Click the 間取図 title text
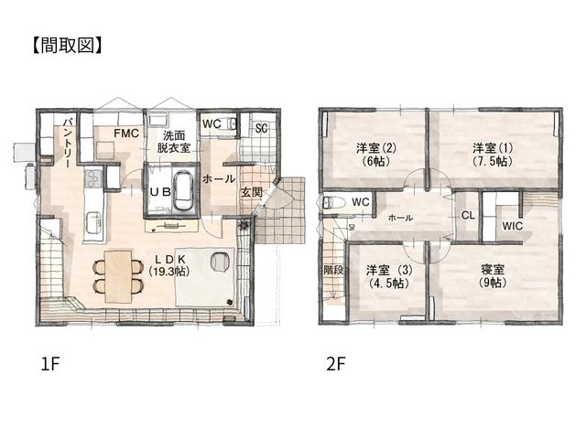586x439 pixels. click(x=67, y=46)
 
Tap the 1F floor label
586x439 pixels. click(x=50, y=364)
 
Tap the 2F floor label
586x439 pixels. click(x=335, y=364)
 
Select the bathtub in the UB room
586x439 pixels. click(x=183, y=190)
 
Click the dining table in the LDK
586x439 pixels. click(x=118, y=276)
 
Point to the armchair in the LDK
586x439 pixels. click(x=220, y=262)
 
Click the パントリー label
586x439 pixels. click(x=68, y=143)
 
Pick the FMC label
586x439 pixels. click(x=126, y=134)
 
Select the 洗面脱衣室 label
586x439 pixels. click(x=174, y=142)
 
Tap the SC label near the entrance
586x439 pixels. click(x=262, y=128)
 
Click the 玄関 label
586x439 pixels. click(x=251, y=193)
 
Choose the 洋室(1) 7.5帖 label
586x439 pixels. click(x=493, y=155)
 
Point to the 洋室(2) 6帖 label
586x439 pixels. click(x=375, y=155)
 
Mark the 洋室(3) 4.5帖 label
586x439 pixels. click(x=389, y=276)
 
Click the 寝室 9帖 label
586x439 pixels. click(x=493, y=276)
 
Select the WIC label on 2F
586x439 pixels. click(x=513, y=226)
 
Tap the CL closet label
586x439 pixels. click(x=468, y=216)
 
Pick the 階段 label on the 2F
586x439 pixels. click(x=333, y=270)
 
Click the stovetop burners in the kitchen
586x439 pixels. click(x=93, y=178)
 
